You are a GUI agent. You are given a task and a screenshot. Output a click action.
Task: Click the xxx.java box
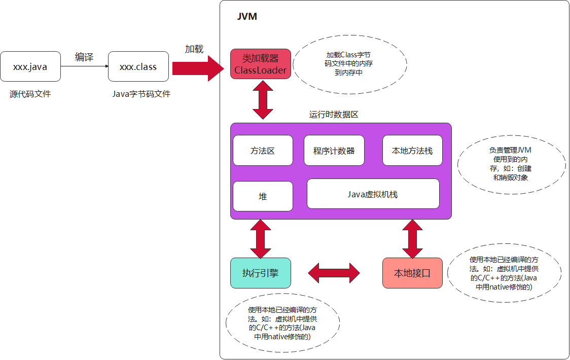click(x=30, y=66)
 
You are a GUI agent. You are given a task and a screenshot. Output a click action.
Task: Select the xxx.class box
click(x=138, y=66)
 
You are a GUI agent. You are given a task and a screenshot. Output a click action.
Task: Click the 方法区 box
click(x=263, y=151)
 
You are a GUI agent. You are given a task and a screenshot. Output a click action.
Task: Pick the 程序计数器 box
click(x=334, y=151)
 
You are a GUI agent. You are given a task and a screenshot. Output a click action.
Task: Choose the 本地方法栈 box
click(x=412, y=151)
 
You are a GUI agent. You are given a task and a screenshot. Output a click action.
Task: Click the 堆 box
click(x=263, y=196)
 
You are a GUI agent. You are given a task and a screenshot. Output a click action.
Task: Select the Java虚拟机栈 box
click(x=373, y=194)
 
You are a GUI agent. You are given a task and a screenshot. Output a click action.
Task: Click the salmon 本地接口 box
click(x=412, y=273)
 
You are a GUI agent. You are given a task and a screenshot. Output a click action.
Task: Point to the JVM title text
click(x=247, y=17)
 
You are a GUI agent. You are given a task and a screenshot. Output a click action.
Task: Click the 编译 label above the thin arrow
click(x=84, y=57)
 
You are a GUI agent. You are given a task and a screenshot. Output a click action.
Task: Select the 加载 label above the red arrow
click(x=194, y=49)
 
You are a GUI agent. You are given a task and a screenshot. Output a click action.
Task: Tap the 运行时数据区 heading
click(x=334, y=115)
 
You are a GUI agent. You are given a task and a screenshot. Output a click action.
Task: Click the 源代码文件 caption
click(x=30, y=94)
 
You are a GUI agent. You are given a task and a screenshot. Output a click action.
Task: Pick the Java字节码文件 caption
click(x=141, y=94)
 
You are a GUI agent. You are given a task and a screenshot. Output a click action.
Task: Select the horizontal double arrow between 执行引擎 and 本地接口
click(x=334, y=273)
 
